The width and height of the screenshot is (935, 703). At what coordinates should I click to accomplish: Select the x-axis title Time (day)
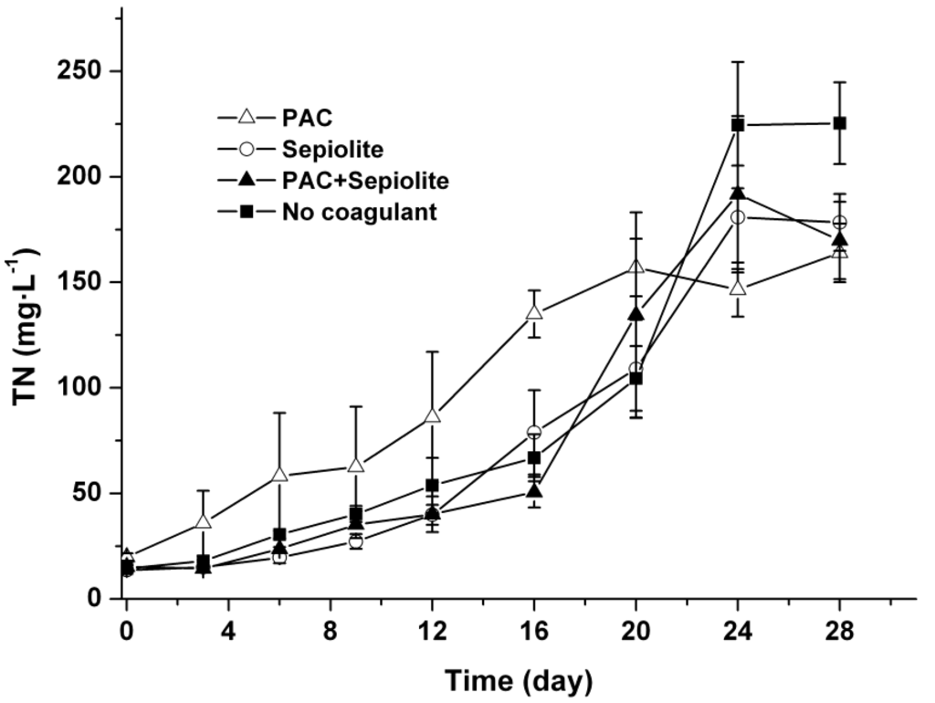(519, 680)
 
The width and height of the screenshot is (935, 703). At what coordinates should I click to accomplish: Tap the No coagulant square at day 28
(840, 123)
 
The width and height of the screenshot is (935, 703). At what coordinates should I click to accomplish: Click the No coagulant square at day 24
(738, 124)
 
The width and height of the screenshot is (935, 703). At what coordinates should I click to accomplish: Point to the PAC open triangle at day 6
(279, 476)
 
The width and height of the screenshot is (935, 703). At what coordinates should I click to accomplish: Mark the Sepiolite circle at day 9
(356, 541)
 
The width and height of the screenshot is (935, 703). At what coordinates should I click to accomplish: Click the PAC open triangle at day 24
(738, 289)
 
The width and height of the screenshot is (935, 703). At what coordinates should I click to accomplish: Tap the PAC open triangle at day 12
(432, 416)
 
